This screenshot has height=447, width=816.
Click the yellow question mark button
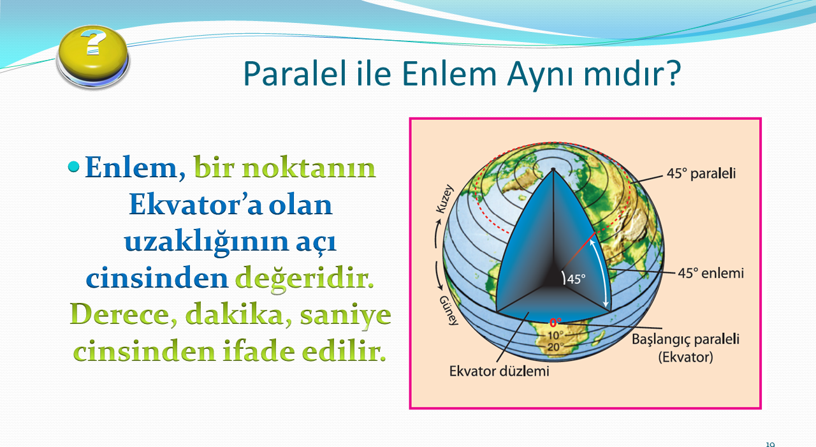(93, 57)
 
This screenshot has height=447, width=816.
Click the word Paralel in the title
(295, 73)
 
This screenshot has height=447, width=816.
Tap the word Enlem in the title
(449, 73)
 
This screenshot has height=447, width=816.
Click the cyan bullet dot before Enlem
(73, 167)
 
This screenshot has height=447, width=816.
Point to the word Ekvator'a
(195, 205)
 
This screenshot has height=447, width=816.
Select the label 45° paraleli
(701, 173)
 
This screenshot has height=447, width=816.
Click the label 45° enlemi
(710, 273)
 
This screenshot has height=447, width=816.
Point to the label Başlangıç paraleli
(685, 339)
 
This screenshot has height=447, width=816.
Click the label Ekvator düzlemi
(499, 371)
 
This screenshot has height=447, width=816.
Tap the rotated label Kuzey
(445, 199)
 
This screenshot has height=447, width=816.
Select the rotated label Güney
(448, 311)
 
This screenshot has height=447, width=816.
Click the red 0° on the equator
(555, 323)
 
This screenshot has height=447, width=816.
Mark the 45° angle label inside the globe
(576, 279)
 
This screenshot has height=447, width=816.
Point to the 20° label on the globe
(555, 347)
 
